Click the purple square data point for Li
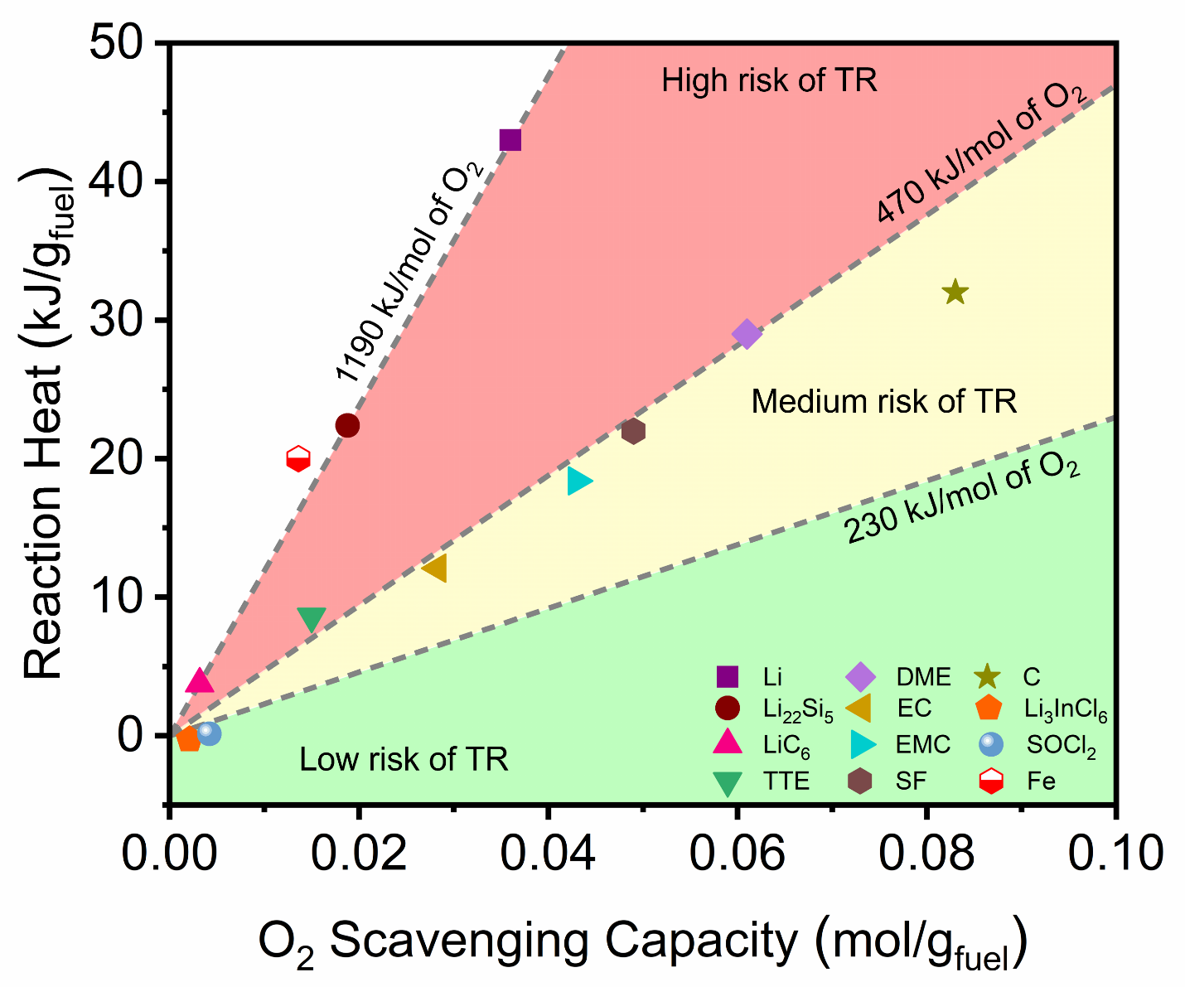(510, 140)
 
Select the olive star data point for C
(955, 292)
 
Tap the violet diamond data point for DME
(747, 334)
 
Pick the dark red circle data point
(347, 425)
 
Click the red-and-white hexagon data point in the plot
(298, 458)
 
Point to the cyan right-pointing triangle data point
(579, 481)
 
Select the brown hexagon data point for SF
(633, 431)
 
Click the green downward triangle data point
(312, 619)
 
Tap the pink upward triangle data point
(200, 680)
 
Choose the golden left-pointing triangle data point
(434, 568)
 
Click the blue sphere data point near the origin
(209, 733)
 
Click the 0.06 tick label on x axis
(737, 854)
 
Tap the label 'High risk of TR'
(769, 80)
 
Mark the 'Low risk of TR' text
(404, 759)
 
